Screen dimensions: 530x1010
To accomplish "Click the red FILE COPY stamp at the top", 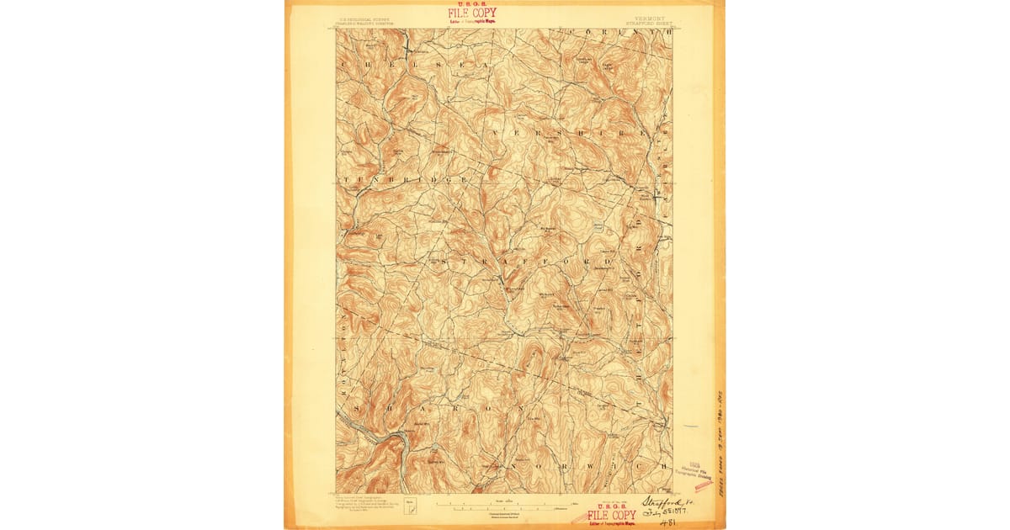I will click(471, 13).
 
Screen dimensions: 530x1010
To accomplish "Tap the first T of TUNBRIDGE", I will click(343, 179).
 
